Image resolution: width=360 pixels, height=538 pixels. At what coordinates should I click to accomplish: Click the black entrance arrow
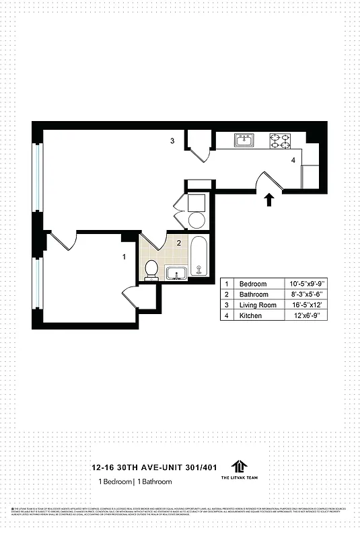(269, 199)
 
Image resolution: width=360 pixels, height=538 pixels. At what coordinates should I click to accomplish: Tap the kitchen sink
(244, 140)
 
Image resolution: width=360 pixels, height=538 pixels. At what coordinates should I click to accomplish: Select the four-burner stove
(280, 141)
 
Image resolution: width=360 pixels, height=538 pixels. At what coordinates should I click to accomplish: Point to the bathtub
(198, 257)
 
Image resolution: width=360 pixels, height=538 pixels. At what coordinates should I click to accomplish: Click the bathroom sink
(176, 273)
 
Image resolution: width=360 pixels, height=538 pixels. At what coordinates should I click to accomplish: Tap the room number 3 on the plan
(172, 141)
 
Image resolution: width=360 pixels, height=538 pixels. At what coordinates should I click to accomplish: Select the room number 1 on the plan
(124, 256)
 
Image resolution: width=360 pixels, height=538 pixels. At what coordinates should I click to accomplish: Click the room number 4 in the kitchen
(293, 160)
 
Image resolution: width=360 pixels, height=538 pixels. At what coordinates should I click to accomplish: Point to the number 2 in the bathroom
(178, 243)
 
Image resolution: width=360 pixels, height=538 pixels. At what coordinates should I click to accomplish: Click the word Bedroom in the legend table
(253, 284)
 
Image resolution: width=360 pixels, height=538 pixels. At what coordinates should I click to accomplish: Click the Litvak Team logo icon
(238, 467)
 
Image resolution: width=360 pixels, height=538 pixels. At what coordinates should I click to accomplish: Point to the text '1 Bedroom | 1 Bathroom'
(135, 482)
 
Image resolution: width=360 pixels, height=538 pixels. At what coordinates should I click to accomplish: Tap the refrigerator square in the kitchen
(310, 176)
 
